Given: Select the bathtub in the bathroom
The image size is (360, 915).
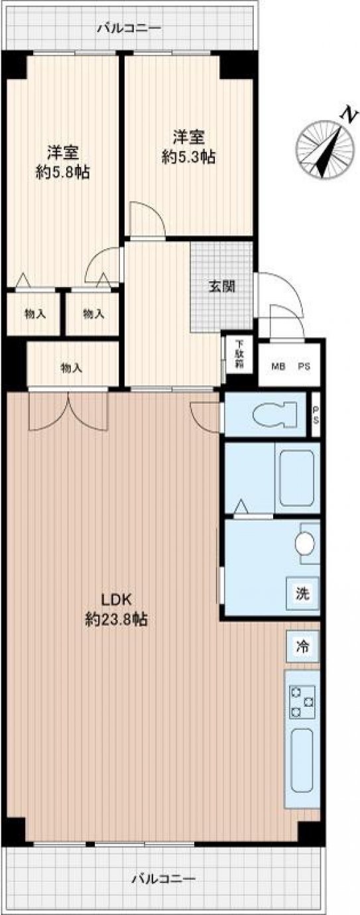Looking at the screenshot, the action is pyautogui.click(x=296, y=478).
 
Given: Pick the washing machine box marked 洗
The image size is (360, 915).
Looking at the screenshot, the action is pyautogui.click(x=302, y=593).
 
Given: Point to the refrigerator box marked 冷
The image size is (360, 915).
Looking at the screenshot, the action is pyautogui.click(x=302, y=646).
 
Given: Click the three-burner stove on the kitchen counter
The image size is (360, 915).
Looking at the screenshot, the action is pyautogui.click(x=302, y=701).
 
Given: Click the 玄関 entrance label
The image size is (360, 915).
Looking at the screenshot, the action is pyautogui.click(x=222, y=286).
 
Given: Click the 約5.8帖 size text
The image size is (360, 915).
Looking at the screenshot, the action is pyautogui.click(x=62, y=173).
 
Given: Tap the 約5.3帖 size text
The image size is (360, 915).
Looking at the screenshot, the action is pyautogui.click(x=188, y=157).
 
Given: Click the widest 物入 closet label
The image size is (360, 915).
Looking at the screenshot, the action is pyautogui.click(x=72, y=368).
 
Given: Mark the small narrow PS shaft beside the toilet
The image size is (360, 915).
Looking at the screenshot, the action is pyautogui.click(x=316, y=414).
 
